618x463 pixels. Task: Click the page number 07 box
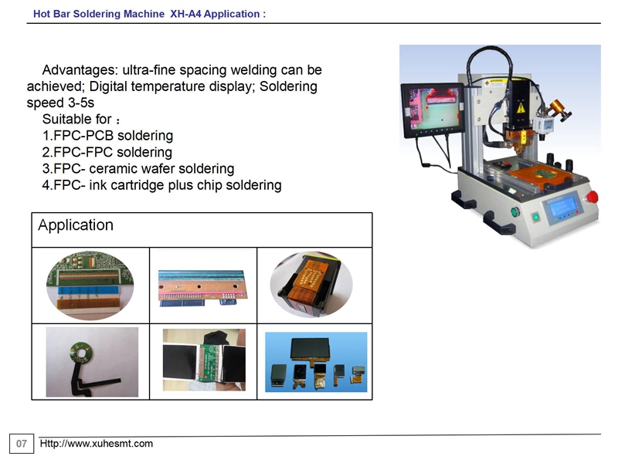click(x=22, y=444)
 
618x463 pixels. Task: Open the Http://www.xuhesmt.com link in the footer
click(x=96, y=444)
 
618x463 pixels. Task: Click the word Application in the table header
click(x=76, y=225)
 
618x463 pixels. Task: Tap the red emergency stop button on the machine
click(x=592, y=198)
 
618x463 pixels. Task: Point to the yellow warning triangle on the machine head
click(x=521, y=107)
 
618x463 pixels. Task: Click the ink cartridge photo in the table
click(x=311, y=285)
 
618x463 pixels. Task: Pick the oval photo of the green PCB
click(x=90, y=286)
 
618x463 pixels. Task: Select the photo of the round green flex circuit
click(x=92, y=362)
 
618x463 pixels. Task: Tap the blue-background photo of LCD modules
click(x=316, y=362)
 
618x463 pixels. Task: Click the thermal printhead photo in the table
click(x=203, y=288)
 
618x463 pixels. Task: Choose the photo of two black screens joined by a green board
click(x=204, y=360)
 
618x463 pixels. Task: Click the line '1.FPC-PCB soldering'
click(x=107, y=136)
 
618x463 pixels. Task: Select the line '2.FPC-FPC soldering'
click(x=107, y=152)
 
